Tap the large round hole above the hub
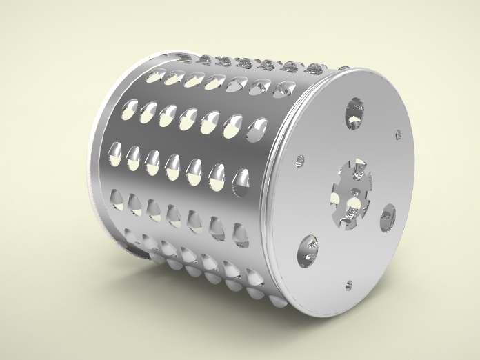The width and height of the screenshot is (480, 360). (x=354, y=112)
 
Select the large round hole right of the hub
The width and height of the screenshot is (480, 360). (x=387, y=217)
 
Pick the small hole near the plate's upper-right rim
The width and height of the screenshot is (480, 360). (x=398, y=134)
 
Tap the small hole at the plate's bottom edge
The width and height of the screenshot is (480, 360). (x=349, y=284)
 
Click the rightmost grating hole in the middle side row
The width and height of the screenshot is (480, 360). (x=241, y=181)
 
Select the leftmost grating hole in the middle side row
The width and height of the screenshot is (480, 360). (x=115, y=154)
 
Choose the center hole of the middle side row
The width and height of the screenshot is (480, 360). (x=173, y=166)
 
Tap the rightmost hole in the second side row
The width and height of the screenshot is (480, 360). (x=257, y=129)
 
